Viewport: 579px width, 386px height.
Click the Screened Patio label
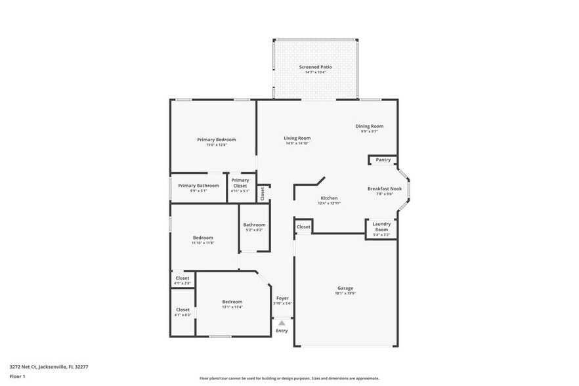click(315, 67)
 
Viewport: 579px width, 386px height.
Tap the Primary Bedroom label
click(217, 139)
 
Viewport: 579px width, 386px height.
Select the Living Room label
click(297, 138)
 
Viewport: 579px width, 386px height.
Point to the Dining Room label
click(369, 126)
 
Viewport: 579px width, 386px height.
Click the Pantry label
click(383, 160)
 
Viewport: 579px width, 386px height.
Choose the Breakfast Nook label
click(380, 188)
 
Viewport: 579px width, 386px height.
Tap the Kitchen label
click(329, 198)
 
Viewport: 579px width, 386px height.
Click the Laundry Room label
click(381, 226)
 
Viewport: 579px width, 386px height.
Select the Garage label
click(345, 288)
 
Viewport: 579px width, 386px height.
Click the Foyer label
click(282, 298)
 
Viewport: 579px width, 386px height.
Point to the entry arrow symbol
click(282, 323)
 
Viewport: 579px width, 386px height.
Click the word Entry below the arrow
click(282, 331)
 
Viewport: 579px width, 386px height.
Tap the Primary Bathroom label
click(198, 185)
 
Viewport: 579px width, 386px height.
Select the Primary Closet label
click(240, 182)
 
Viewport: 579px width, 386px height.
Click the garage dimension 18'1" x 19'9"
click(345, 293)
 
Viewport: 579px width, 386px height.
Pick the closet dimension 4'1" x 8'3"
click(182, 315)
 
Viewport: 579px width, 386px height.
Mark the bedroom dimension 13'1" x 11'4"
click(232, 307)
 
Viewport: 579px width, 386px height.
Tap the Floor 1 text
click(17, 376)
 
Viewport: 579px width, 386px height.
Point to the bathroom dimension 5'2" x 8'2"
click(254, 230)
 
